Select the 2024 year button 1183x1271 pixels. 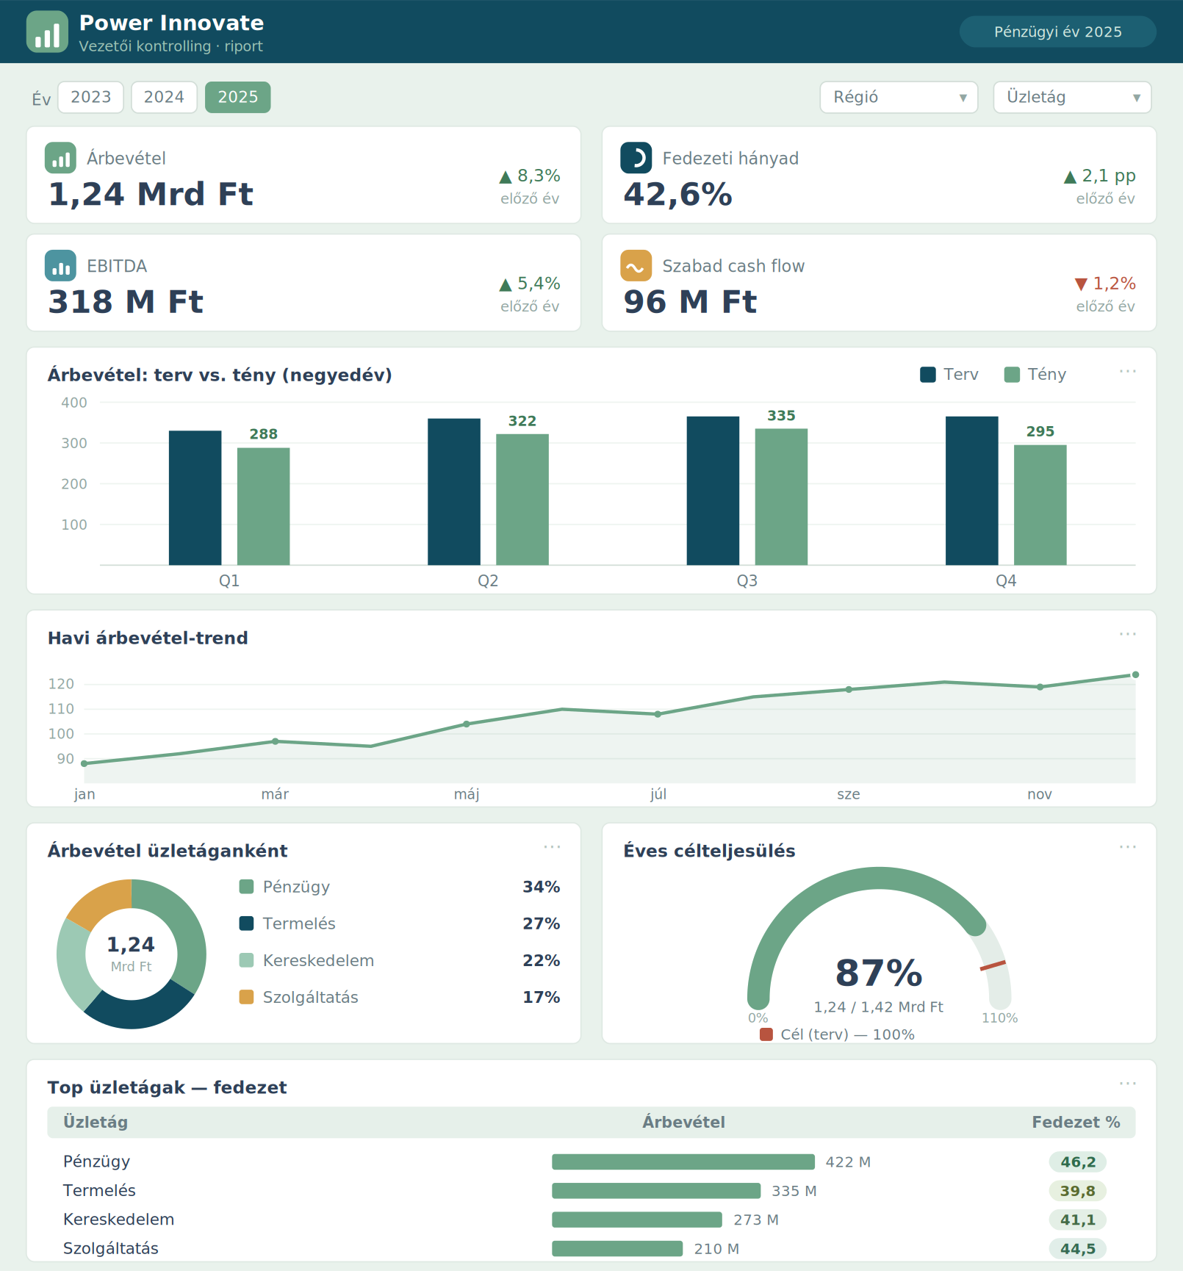pyautogui.click(x=164, y=97)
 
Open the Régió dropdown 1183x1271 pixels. pyautogui.click(x=899, y=97)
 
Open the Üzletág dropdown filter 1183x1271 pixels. pyautogui.click(x=1072, y=97)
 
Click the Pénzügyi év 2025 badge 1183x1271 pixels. pyautogui.click(x=1057, y=32)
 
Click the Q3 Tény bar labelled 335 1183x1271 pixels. pyautogui.click(x=781, y=497)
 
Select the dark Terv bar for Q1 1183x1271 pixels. pyautogui.click(x=195, y=497)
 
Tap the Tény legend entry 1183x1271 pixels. pyautogui.click(x=1035, y=375)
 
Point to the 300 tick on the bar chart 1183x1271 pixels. pyautogui.click(x=73, y=443)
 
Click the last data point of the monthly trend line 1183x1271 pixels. pyautogui.click(x=1135, y=674)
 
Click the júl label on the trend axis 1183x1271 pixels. pyautogui.click(x=658, y=794)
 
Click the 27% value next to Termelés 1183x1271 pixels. pyautogui.click(x=541, y=923)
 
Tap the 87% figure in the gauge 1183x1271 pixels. pyautogui.click(x=879, y=973)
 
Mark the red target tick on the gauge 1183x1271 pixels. pyautogui.click(x=993, y=965)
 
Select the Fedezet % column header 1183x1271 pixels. pyautogui.click(x=1076, y=1122)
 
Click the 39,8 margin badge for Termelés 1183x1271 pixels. pyautogui.click(x=1077, y=1191)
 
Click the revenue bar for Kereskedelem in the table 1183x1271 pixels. pyautogui.click(x=637, y=1220)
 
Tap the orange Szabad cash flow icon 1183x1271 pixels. pyautogui.click(x=636, y=265)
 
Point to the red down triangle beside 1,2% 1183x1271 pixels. pyautogui.click(x=1081, y=284)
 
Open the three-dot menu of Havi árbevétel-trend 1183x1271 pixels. pyautogui.click(x=1127, y=634)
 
